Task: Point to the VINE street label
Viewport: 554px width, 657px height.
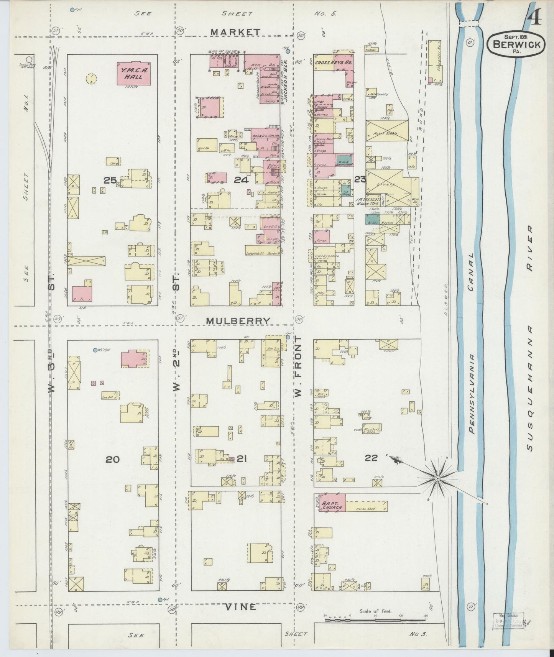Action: (x=240, y=607)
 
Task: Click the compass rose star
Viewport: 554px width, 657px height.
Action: (x=437, y=478)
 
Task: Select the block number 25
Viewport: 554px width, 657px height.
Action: (x=110, y=180)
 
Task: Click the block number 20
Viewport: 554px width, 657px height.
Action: (x=112, y=459)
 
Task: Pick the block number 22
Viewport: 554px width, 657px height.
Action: (x=371, y=457)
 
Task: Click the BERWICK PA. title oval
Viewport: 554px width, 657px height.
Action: (x=516, y=44)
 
